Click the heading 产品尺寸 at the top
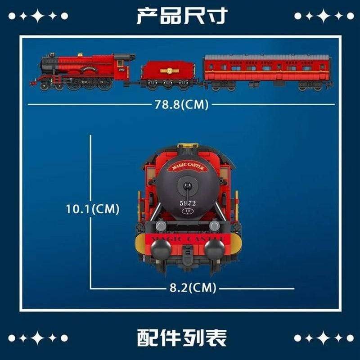pyautogui.click(x=182, y=16)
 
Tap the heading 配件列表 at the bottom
pyautogui.click(x=182, y=337)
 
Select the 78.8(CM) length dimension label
pyautogui.click(x=181, y=104)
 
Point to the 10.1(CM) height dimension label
pyautogui.click(x=92, y=209)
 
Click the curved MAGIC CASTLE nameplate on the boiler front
pyautogui.click(x=188, y=167)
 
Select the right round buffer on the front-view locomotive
pyautogui.click(x=214, y=248)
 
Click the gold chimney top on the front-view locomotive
pyautogui.click(x=188, y=146)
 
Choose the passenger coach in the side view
pyautogui.click(x=268, y=72)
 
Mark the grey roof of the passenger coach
pyautogui.click(x=268, y=58)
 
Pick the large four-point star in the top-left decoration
pyautogui.click(x=38, y=16)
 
